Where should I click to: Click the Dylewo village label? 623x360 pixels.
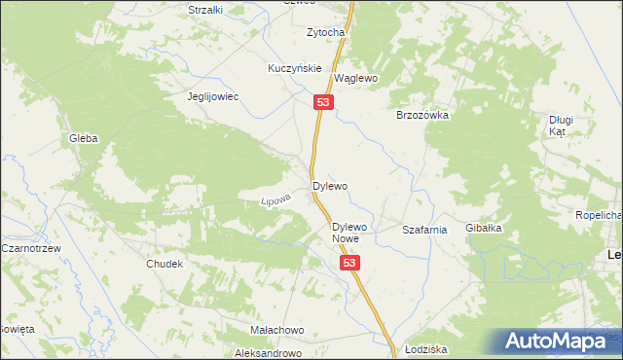[329, 185]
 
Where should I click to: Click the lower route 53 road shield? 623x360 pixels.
[350, 264]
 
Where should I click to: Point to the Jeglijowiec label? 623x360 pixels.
[213, 97]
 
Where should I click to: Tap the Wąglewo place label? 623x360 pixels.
[355, 78]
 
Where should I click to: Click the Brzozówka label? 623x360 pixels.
[421, 115]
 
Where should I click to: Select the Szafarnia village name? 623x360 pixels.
[424, 231]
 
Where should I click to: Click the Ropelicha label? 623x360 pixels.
[598, 215]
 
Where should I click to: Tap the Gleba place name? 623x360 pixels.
[83, 139]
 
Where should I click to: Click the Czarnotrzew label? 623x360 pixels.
[31, 249]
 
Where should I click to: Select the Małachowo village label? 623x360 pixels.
[277, 330]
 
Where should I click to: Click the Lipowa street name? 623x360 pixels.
[275, 199]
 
